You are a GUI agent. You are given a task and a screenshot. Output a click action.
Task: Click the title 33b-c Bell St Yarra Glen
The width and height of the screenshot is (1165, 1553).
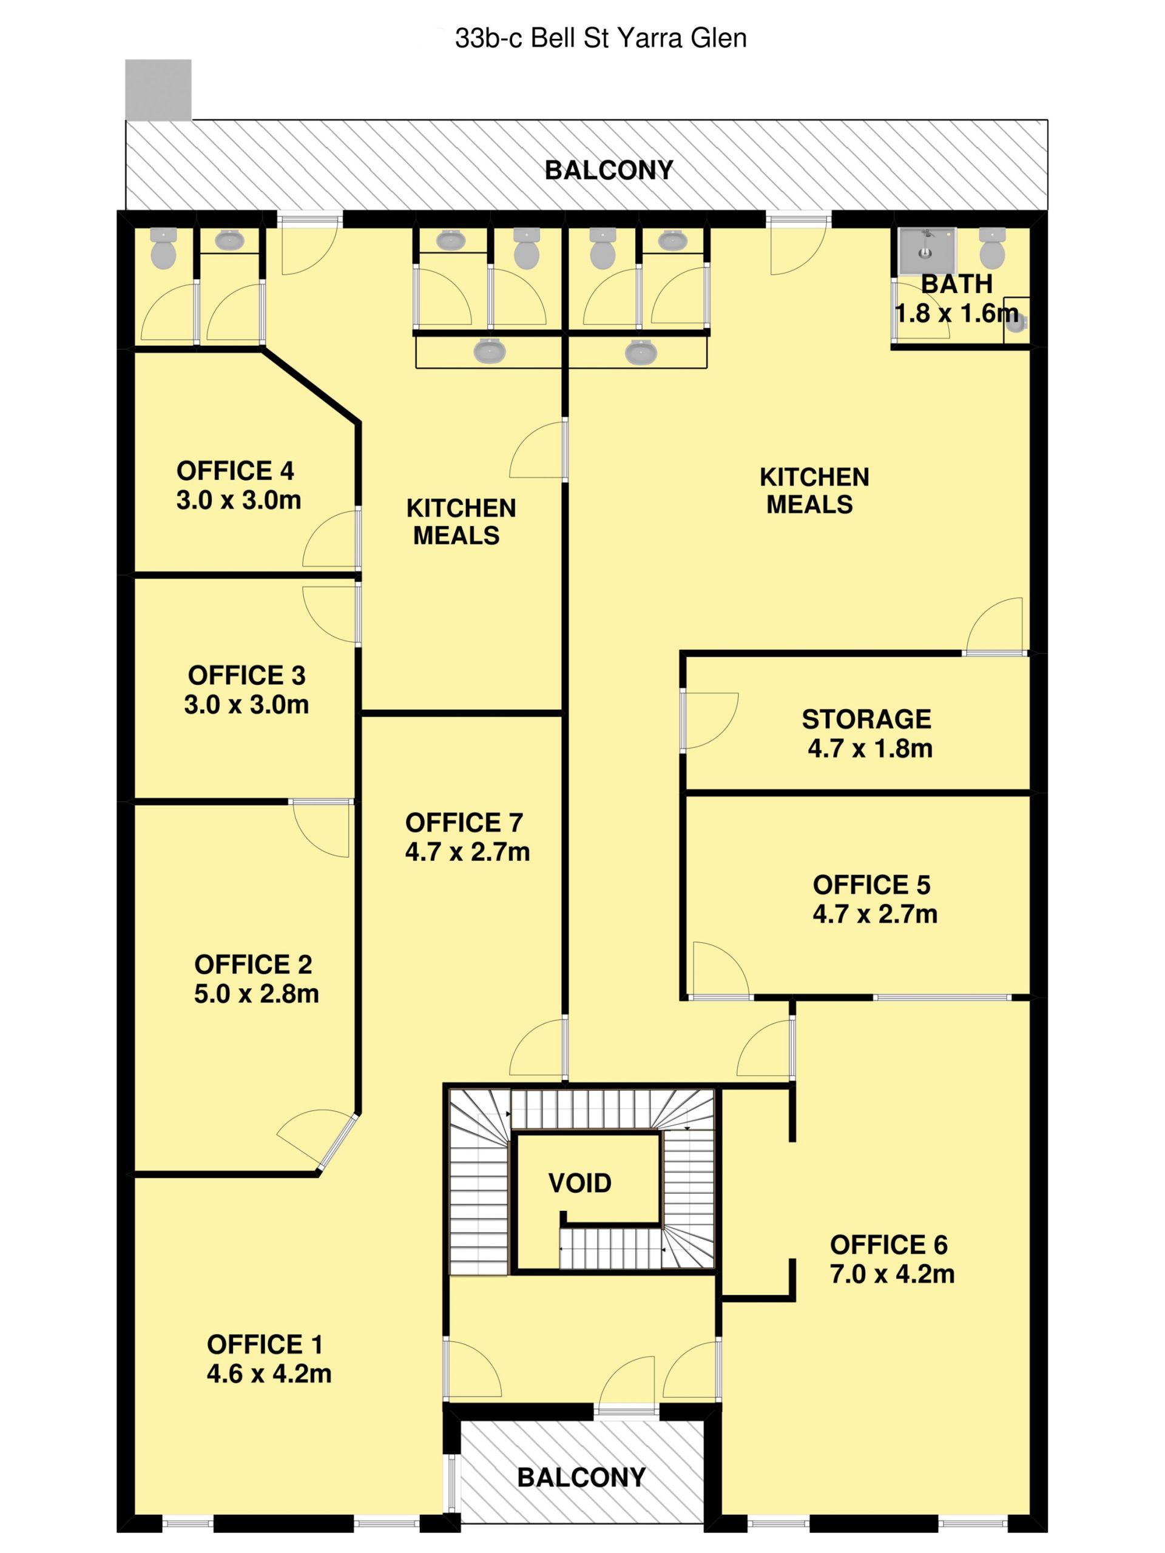pyautogui.click(x=601, y=38)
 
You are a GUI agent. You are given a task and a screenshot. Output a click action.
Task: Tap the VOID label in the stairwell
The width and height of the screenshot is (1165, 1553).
pyautogui.click(x=579, y=1183)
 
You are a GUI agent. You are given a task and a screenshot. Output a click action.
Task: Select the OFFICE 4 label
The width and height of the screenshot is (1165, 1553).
pyautogui.click(x=235, y=470)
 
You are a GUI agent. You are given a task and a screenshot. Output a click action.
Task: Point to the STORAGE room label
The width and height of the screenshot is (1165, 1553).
pyautogui.click(x=866, y=719)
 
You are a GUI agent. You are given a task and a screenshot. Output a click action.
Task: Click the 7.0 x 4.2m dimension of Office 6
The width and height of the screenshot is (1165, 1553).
pyautogui.click(x=892, y=1273)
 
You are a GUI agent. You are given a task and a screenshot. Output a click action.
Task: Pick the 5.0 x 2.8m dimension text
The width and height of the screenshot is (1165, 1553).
pyautogui.click(x=256, y=994)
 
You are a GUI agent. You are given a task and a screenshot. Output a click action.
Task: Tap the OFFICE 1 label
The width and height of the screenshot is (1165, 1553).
pyautogui.click(x=265, y=1344)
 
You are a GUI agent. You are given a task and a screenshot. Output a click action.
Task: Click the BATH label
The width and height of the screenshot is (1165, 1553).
pyautogui.click(x=956, y=285)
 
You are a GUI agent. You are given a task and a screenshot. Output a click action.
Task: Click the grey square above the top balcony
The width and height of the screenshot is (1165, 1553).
pyautogui.click(x=158, y=90)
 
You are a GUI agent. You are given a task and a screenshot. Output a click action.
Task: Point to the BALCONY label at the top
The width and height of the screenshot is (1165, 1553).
pyautogui.click(x=609, y=170)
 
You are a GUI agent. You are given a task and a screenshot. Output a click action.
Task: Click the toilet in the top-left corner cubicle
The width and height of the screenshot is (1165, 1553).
pyautogui.click(x=164, y=249)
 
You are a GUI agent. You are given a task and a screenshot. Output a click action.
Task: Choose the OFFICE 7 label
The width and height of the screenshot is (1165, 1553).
pyautogui.click(x=464, y=822)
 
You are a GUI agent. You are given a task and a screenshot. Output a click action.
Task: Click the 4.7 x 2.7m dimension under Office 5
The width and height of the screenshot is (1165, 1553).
pyautogui.click(x=875, y=914)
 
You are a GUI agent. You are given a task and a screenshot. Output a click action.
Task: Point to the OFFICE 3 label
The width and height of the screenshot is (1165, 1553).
pyautogui.click(x=246, y=675)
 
